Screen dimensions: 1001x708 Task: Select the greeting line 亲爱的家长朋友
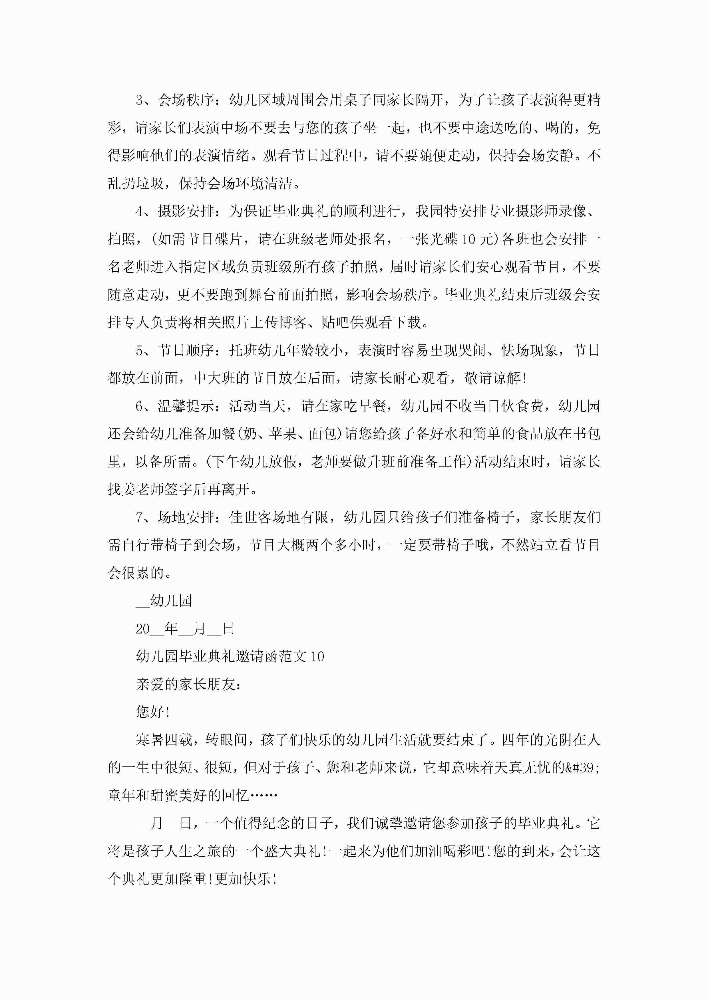tap(188, 685)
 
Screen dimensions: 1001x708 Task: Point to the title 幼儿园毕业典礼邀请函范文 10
tap(230, 657)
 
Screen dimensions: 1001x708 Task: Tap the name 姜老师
tap(136, 490)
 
